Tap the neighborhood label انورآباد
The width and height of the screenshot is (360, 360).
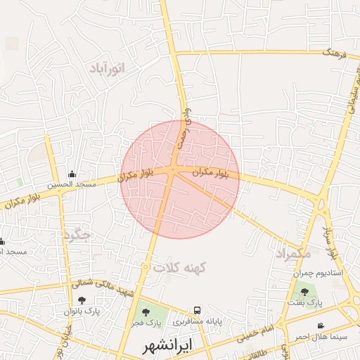[x=107, y=68]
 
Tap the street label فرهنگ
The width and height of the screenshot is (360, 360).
[x=330, y=52]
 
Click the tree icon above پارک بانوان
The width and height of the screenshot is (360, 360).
[x=82, y=300]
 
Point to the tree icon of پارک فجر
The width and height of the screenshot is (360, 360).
[x=146, y=311]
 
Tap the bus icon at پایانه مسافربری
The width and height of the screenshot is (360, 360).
[x=198, y=310]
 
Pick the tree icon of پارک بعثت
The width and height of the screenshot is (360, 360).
[x=304, y=291]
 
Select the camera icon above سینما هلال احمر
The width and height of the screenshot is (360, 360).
[x=321, y=326]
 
